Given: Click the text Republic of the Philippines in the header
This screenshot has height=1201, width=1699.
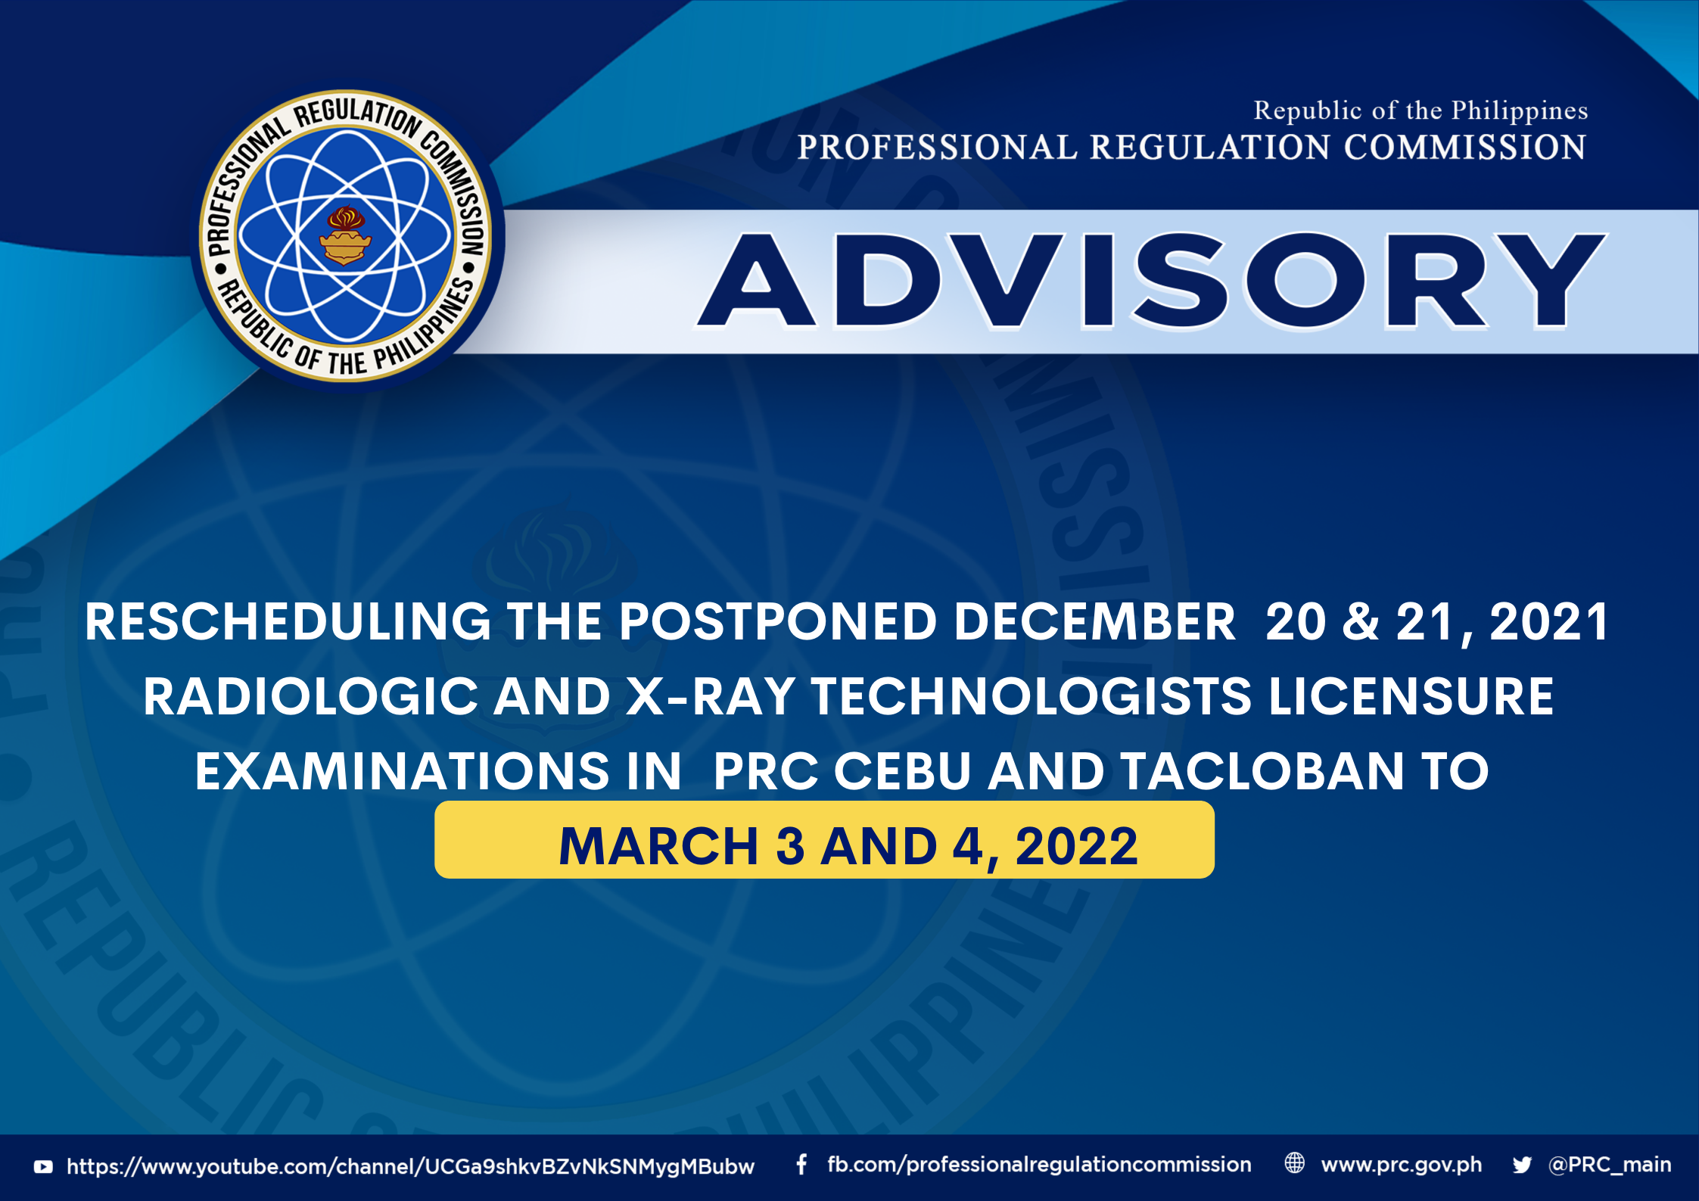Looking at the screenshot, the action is click(1421, 111).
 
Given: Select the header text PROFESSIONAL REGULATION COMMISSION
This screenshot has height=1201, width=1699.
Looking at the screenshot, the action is click(1191, 147).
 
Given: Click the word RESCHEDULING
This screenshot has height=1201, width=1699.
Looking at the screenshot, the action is click(288, 622).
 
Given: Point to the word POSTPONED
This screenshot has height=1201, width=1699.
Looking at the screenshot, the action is click(778, 622).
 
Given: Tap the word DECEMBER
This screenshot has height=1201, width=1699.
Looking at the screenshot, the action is click(1094, 622).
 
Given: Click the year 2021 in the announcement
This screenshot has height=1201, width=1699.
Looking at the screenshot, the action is click(1548, 622).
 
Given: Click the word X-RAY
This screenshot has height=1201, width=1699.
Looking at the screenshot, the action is click(710, 696).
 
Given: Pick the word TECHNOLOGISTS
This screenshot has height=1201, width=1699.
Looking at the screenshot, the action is click(1032, 696).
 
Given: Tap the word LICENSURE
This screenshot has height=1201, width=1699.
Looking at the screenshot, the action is click(1411, 696).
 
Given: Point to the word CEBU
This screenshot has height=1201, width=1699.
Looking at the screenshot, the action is click(902, 771).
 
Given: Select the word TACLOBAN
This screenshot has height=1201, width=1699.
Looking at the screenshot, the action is click(1262, 771).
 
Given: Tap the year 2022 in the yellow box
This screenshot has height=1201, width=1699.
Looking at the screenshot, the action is click(1076, 846).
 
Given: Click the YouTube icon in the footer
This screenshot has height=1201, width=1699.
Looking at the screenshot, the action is click(43, 1167).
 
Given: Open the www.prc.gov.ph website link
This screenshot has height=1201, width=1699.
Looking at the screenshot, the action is click(1401, 1165).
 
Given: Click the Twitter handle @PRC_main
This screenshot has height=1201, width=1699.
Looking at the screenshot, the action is click(1610, 1165).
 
